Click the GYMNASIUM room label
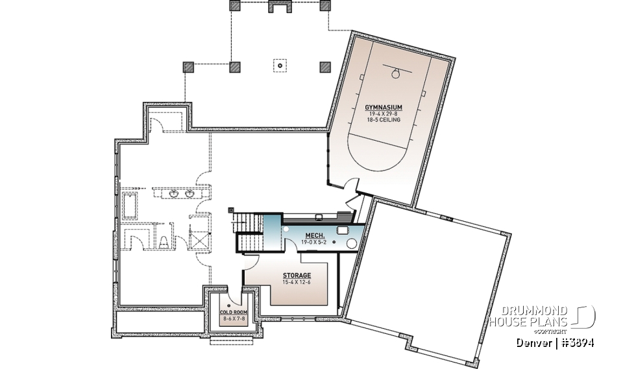coord(384,107)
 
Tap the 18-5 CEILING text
coord(384,120)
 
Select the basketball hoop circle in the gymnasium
coord(393,74)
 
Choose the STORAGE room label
coord(297,276)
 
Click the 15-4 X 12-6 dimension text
coord(297,282)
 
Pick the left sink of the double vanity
coord(174,194)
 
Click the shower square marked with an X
coord(199,237)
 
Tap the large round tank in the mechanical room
coord(352,244)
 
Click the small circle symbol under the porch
coord(279,65)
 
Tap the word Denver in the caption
coord(533,342)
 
